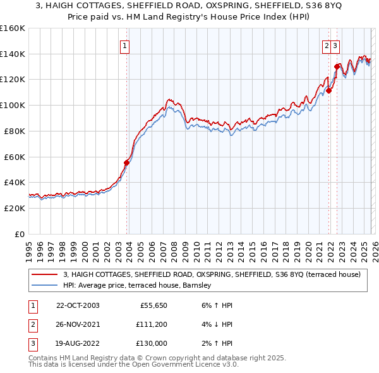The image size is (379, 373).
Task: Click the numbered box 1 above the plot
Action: pyautogui.click(x=125, y=46)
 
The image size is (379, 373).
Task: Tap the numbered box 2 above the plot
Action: pyautogui.click(x=327, y=46)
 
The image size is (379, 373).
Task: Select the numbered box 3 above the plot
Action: pyautogui.click(x=335, y=46)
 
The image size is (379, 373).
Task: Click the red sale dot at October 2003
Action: pyautogui.click(x=126, y=162)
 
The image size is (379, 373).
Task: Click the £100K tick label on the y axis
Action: pyautogui.click(x=13, y=105)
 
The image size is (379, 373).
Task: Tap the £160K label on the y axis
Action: pyautogui.click(x=13, y=28)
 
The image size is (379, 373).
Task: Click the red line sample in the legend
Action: pyautogui.click(x=45, y=274)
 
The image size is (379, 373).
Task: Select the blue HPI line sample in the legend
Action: pyautogui.click(x=45, y=286)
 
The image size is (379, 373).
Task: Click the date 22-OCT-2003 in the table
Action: pyautogui.click(x=78, y=305)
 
